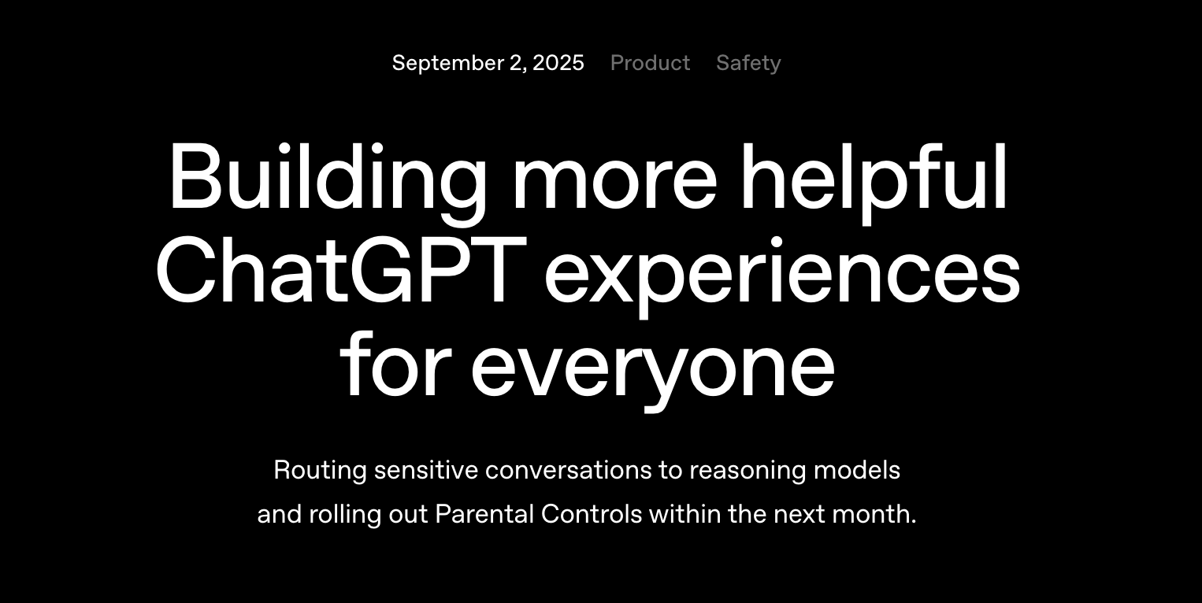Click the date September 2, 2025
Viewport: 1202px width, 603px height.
(x=488, y=63)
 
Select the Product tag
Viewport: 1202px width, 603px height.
(x=650, y=63)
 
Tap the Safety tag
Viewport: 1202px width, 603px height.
(x=748, y=63)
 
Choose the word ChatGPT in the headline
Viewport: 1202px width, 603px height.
(x=341, y=270)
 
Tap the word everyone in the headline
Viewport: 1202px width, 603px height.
(x=653, y=371)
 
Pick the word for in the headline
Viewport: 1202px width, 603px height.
(x=395, y=364)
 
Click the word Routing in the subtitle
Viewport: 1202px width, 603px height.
(x=321, y=471)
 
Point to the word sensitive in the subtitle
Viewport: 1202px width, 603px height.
(x=426, y=470)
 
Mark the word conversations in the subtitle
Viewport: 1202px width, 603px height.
(x=568, y=471)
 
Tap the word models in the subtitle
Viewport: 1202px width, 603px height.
(x=857, y=470)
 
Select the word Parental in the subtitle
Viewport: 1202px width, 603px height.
(x=484, y=514)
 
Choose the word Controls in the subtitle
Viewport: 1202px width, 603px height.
(x=592, y=514)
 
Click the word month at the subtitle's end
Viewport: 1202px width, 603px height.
(x=872, y=515)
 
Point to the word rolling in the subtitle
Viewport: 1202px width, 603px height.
(x=345, y=515)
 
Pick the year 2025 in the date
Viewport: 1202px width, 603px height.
(x=558, y=63)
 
